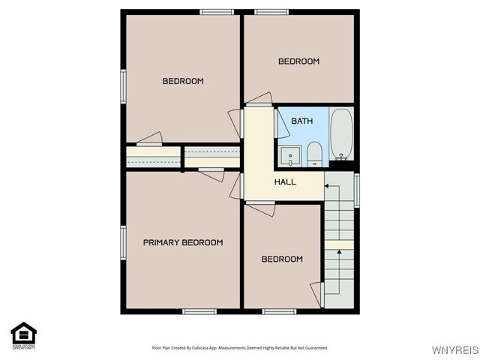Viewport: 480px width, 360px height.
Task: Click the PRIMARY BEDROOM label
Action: (183, 242)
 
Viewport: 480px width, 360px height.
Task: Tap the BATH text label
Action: (301, 121)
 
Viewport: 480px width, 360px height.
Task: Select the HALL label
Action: (285, 182)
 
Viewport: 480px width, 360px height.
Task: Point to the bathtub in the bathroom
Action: (341, 135)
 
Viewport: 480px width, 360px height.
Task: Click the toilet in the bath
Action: (314, 154)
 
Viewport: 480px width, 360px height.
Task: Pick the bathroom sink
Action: (289, 156)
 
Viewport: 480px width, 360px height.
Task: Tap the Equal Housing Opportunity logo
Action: (23, 335)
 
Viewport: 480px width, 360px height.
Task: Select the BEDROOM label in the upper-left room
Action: (183, 81)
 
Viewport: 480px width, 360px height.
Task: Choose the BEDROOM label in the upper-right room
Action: (298, 61)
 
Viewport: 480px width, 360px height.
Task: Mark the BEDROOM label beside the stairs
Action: (281, 259)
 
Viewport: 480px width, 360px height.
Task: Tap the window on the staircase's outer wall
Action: (357, 190)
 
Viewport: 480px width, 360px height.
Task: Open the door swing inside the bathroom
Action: (283, 124)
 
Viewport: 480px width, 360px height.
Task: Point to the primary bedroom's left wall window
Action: (124, 242)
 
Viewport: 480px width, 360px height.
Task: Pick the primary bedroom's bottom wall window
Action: (200, 311)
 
